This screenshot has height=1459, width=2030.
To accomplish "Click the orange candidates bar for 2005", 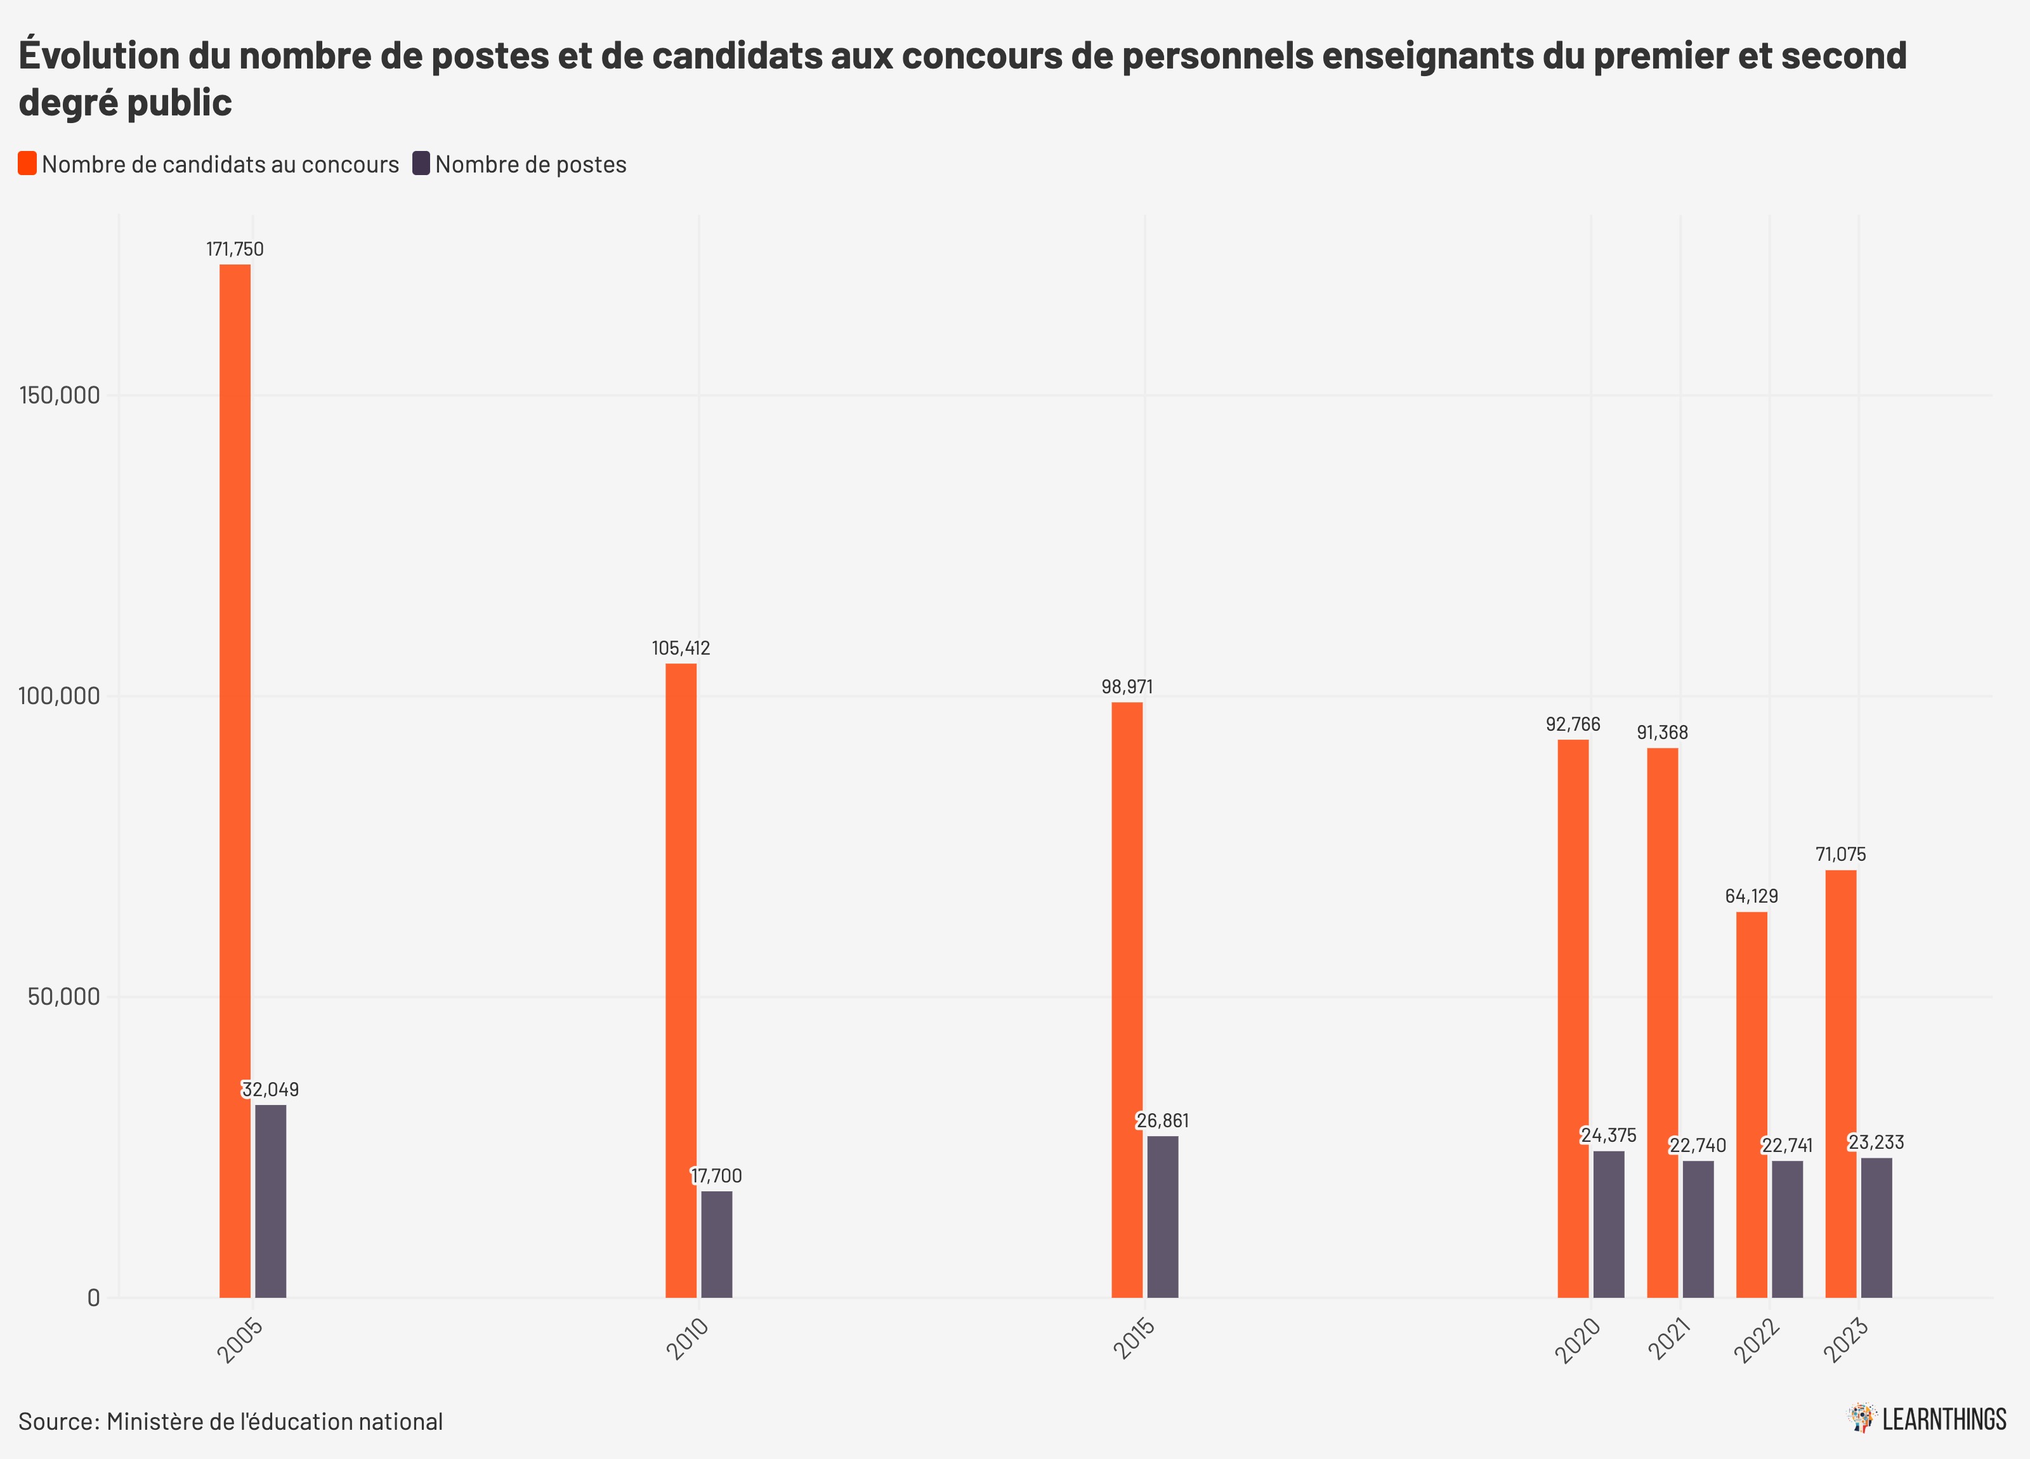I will pos(235,779).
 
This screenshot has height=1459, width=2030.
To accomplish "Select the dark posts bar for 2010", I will pos(716,1243).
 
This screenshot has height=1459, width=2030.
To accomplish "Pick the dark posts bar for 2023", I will pos(1876,1227).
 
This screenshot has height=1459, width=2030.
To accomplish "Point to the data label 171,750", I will pos(235,249).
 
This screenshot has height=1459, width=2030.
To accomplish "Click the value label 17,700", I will pos(716,1175).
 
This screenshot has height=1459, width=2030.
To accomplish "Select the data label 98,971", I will pos(1127,686).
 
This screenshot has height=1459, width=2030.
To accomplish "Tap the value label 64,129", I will pos(1752,896).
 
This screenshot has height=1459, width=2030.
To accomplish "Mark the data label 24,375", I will pos(1608,1135).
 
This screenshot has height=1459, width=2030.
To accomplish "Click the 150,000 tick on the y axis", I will pos(59,395).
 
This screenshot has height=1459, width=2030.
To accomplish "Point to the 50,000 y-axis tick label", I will pos(63,996).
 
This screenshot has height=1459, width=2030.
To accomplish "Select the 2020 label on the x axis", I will pos(1577,1340).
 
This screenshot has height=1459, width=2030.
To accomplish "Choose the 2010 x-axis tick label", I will pos(688,1339).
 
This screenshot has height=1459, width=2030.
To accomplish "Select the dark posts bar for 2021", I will pos(1698,1228).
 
